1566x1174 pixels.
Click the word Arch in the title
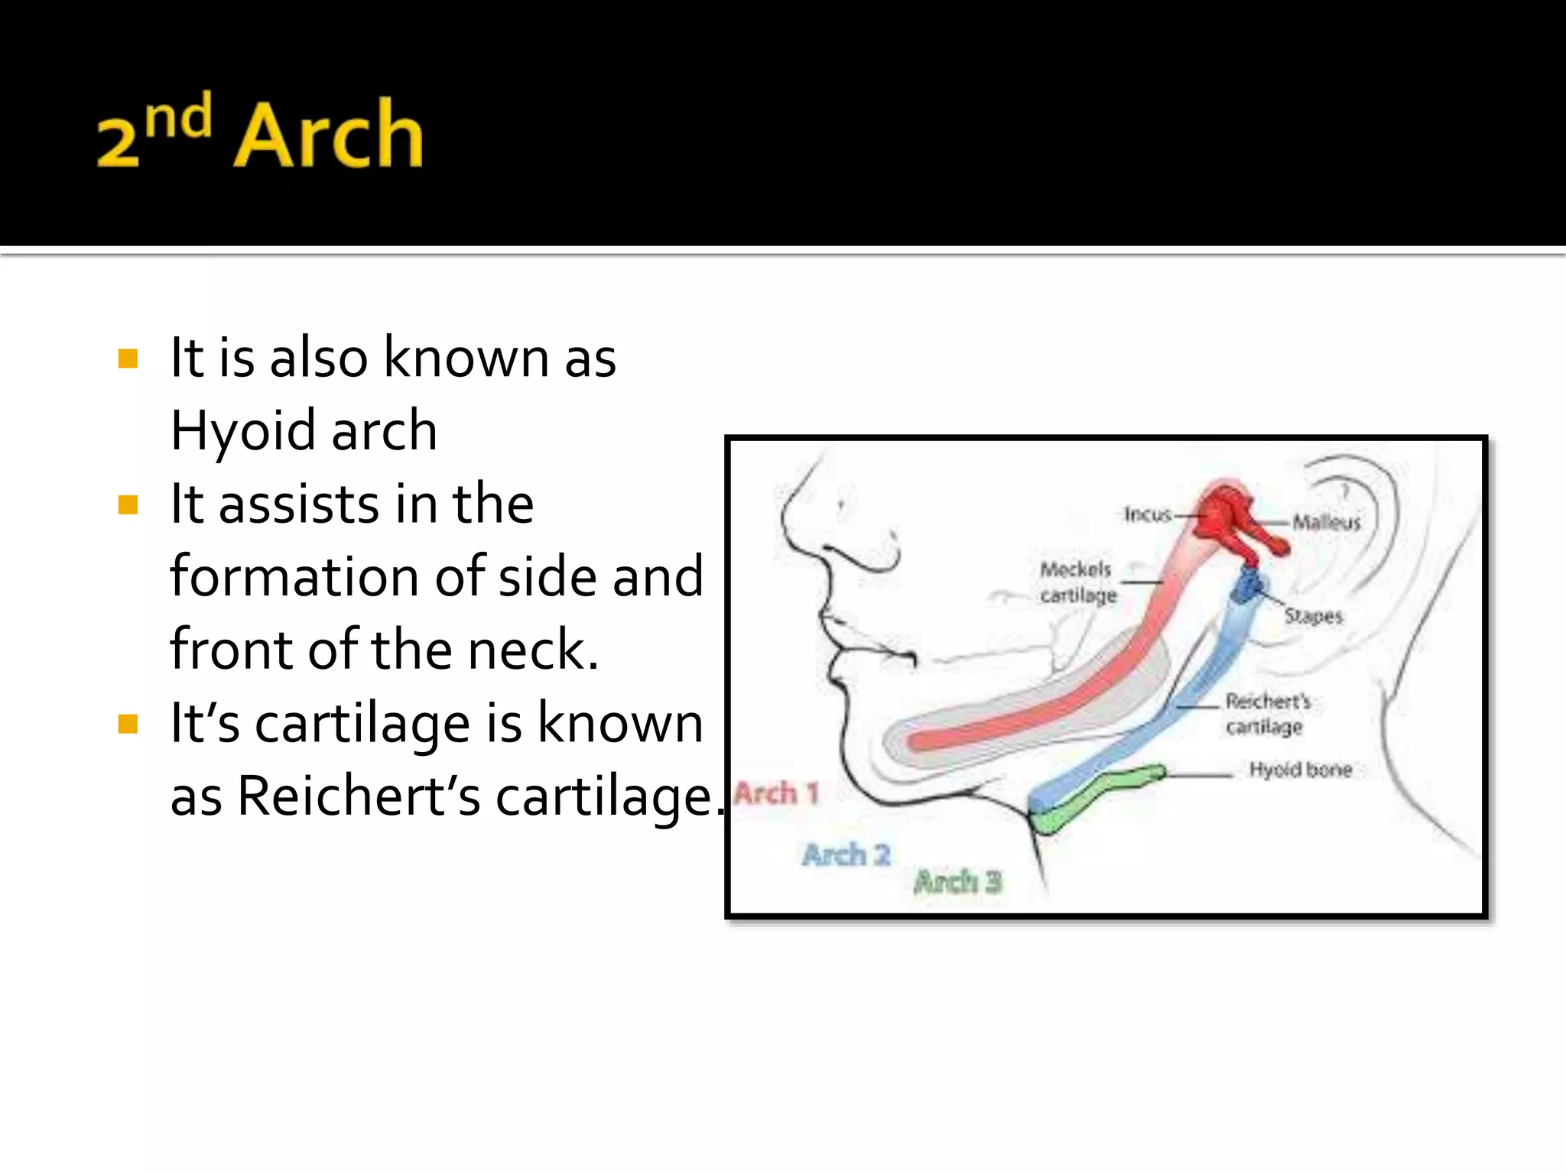point(329,135)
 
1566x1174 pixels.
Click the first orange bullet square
point(128,358)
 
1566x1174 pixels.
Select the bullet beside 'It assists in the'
point(128,504)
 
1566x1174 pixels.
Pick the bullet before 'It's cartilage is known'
point(128,723)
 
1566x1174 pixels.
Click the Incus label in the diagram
point(1148,514)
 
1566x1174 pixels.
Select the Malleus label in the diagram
point(1327,522)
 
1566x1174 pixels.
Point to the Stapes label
point(1313,615)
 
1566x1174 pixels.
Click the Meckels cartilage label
point(1077,582)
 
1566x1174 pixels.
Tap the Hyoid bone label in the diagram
point(1300,770)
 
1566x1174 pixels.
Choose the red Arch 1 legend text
point(776,793)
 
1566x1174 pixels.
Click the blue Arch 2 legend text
point(846,855)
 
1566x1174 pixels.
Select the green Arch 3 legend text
point(957,882)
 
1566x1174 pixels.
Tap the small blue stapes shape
point(1248,585)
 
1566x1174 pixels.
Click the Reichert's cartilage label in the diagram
point(1267,713)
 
